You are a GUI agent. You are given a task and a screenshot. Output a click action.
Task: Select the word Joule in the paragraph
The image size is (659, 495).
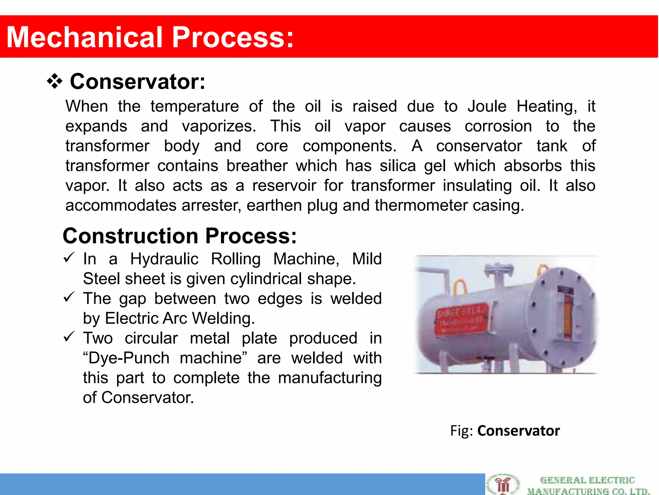pos(487,106)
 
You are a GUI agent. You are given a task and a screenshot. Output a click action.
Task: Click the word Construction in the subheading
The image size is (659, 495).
pos(130,236)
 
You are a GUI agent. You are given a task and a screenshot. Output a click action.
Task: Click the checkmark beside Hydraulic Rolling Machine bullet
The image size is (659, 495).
pos(69,258)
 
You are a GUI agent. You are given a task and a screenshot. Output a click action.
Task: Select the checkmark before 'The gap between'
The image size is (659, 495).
pos(69,297)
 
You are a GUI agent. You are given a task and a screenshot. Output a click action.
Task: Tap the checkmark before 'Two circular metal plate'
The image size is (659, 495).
pos(69,337)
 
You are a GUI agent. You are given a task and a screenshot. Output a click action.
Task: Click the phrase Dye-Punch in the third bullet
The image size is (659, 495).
pos(129,358)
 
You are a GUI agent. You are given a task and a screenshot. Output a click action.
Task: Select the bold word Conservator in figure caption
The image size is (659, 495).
pos(518,431)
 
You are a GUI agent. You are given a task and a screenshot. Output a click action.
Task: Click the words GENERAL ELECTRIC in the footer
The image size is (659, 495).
pos(587,480)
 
